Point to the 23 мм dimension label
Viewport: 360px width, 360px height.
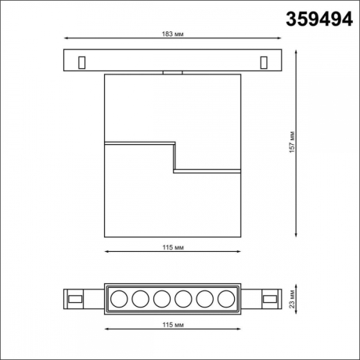292,298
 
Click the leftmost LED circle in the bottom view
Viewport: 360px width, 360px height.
120,298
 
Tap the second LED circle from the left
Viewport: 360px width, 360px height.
141,298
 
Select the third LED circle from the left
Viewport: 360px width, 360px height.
162,298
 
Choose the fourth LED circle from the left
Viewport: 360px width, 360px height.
183,298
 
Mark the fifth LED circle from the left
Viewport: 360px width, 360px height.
204,298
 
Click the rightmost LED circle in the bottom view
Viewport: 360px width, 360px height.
225,298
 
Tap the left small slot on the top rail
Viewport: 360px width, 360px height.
81,60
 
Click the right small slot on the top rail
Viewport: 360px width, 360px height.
264,60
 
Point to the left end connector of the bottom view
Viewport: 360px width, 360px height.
76,298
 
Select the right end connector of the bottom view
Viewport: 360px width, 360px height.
270,298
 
